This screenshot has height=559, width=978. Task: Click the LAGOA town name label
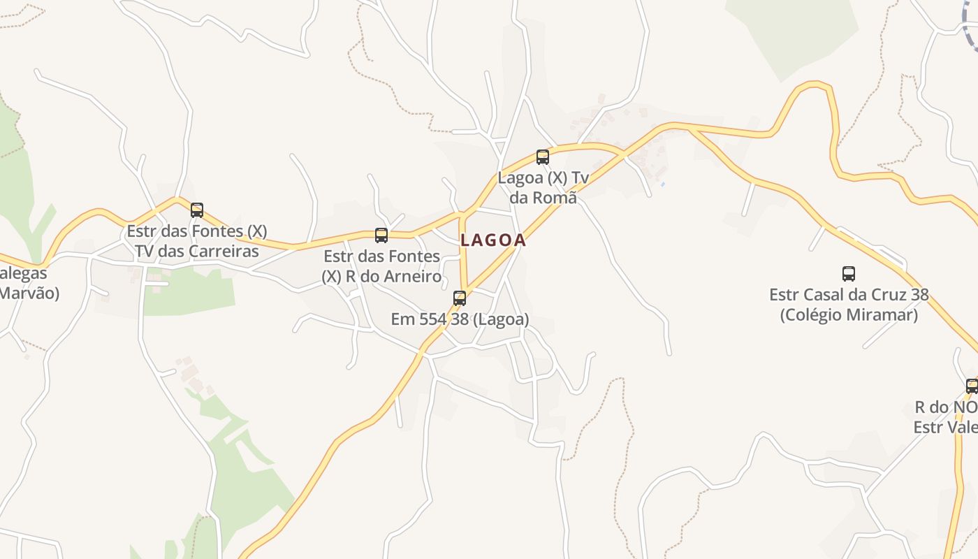[x=493, y=240]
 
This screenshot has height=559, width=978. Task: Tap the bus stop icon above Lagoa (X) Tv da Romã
[x=543, y=157]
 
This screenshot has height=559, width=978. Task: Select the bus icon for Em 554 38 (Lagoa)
[x=460, y=298]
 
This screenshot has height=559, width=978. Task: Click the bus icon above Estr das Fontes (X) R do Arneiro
[x=381, y=235]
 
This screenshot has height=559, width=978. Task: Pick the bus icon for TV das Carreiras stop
[x=197, y=210]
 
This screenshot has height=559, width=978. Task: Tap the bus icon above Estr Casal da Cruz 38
[x=849, y=274]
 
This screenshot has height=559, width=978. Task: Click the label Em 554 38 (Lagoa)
[x=460, y=319]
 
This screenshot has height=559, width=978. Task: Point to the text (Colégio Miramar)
[x=849, y=315]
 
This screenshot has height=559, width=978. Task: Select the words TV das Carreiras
[x=196, y=251]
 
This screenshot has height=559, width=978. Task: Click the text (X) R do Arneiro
[x=381, y=277]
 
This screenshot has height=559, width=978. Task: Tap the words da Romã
[x=543, y=198]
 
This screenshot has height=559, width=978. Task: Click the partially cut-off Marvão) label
[x=29, y=293]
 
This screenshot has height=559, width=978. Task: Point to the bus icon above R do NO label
[x=972, y=386]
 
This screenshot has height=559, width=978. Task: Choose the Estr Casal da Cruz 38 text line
[x=849, y=295]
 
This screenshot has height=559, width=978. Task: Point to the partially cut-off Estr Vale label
[x=946, y=427]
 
